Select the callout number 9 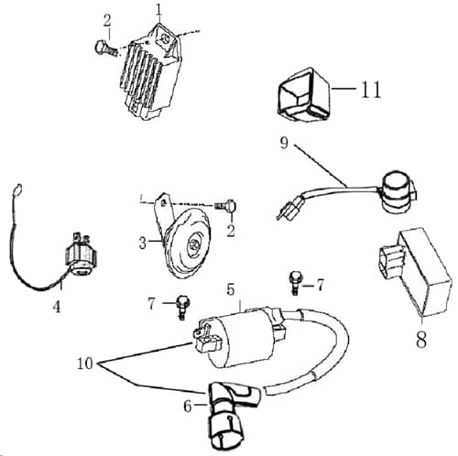coord(283,144)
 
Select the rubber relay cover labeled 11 coord(301,96)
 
